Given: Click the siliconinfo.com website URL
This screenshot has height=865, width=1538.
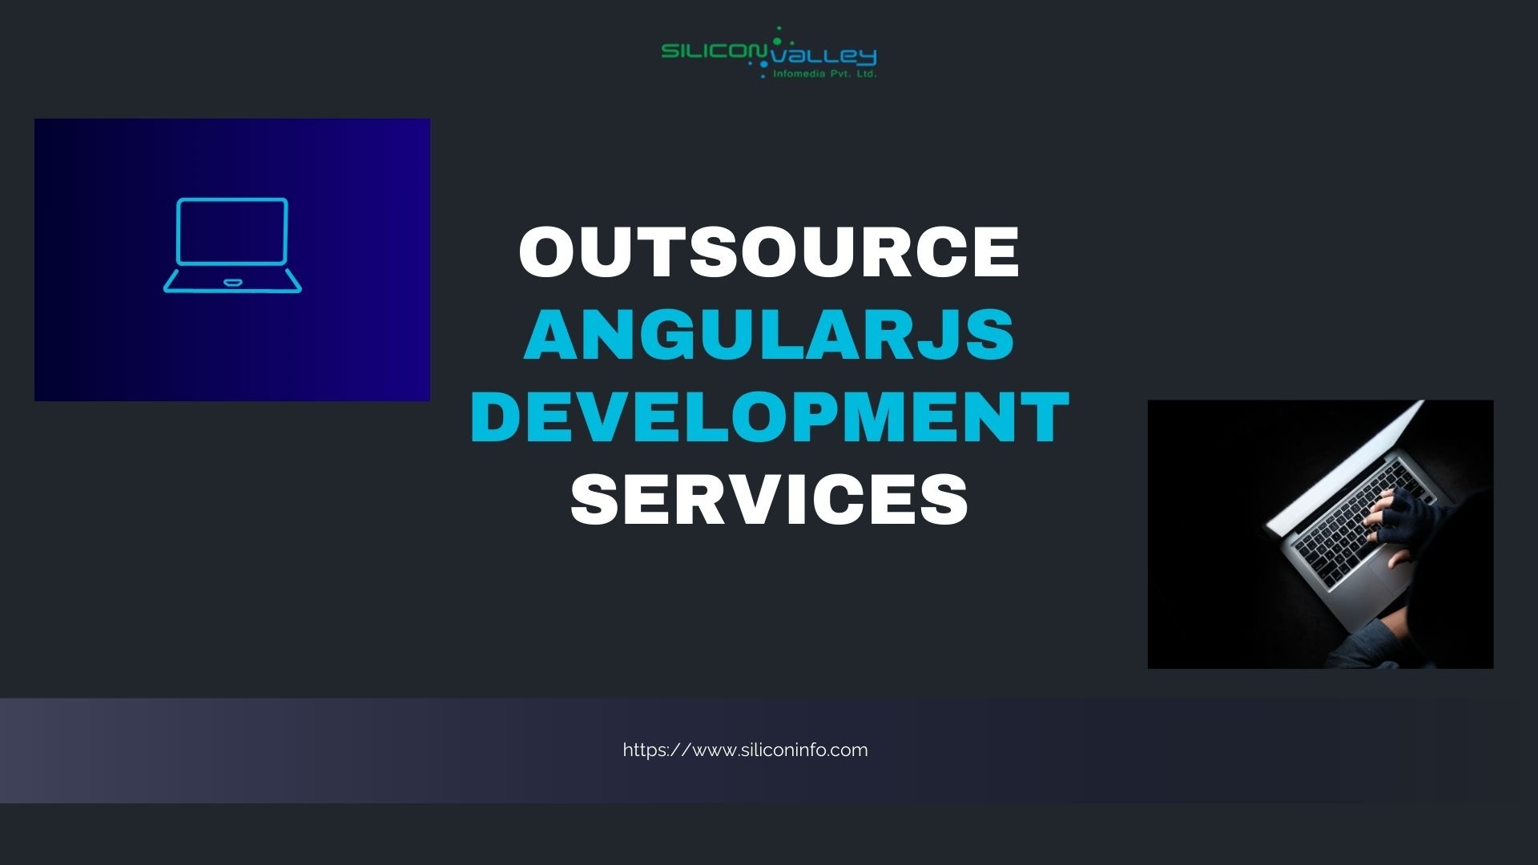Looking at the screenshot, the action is click(x=745, y=750).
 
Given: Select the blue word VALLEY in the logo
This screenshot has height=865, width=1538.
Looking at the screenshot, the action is click(x=821, y=55).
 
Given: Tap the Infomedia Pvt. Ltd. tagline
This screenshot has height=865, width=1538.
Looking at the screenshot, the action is click(x=824, y=74).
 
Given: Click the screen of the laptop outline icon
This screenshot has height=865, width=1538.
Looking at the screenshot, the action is click(x=232, y=231).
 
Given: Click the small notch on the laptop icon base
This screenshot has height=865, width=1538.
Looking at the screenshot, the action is click(x=232, y=283).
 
